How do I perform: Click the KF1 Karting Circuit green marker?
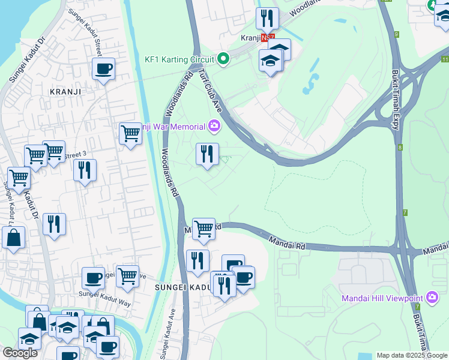(223, 59)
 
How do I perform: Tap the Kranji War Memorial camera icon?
(214, 126)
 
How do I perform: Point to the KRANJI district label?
(65, 92)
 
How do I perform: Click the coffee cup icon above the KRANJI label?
(104, 69)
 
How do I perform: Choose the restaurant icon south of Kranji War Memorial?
(207, 154)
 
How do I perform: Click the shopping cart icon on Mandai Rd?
(204, 229)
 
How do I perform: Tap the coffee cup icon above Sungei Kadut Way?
(93, 278)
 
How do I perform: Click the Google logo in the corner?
(20, 353)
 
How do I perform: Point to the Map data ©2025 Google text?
(411, 355)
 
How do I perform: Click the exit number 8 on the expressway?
(399, 147)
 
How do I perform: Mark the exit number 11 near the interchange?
(444, 59)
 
